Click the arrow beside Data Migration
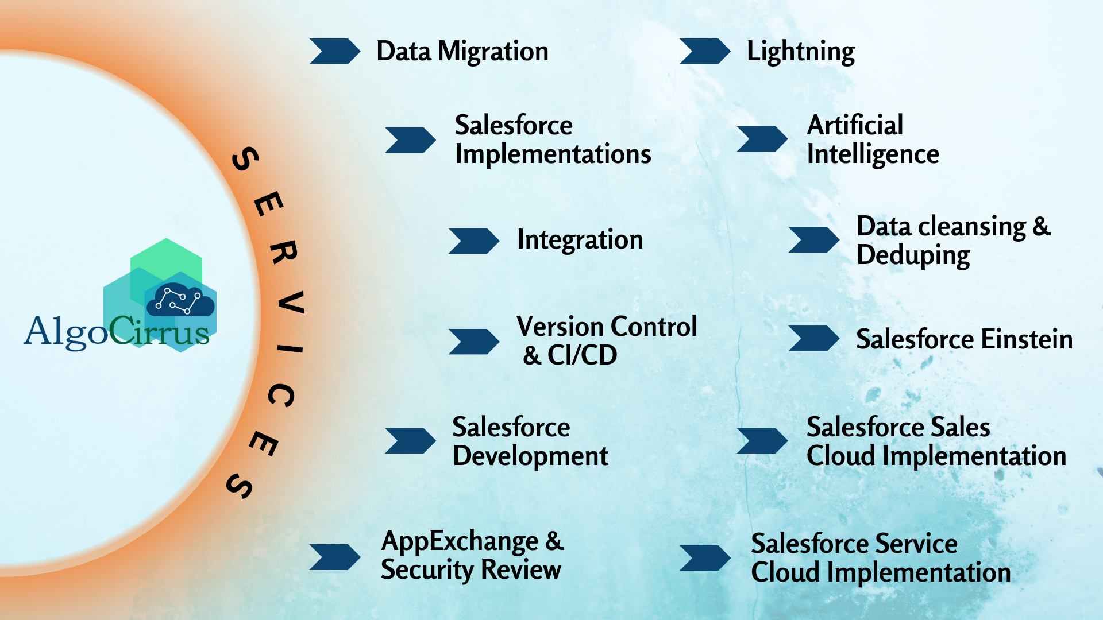tap(335, 51)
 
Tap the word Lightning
tap(801, 52)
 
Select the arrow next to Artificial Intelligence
tap(762, 139)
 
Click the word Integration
tap(580, 240)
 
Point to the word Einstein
tap(1022, 339)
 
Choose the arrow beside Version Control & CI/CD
tap(474, 342)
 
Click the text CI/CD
tap(582, 355)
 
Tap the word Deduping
tap(913, 256)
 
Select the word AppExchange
tap(460, 542)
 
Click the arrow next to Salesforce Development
tap(411, 441)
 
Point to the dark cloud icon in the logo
tap(180, 300)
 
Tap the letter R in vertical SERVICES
tap(283, 253)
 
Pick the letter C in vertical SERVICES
tap(281, 396)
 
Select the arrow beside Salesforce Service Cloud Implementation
tap(705, 558)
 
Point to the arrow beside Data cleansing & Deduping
tap(814, 240)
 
